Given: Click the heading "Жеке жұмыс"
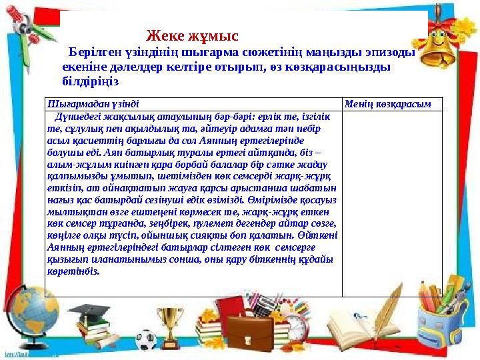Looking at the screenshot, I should [x=192, y=35].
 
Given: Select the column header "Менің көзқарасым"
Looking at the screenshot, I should [x=387, y=103].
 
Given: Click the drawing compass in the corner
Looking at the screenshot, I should [x=27, y=33].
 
